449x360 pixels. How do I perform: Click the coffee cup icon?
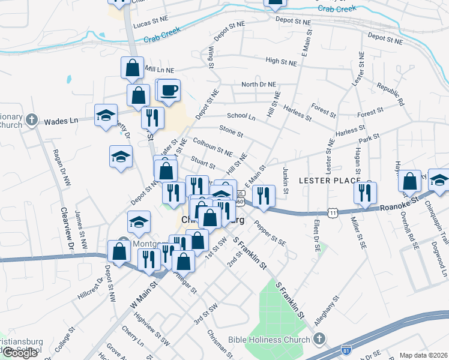169,90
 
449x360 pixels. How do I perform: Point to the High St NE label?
281,61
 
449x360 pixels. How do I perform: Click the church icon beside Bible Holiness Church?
319,340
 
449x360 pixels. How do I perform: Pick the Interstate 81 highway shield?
345,349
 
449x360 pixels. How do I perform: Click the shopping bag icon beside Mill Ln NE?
132,68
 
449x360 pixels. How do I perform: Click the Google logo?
20,353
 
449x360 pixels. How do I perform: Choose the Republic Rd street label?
391,95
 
